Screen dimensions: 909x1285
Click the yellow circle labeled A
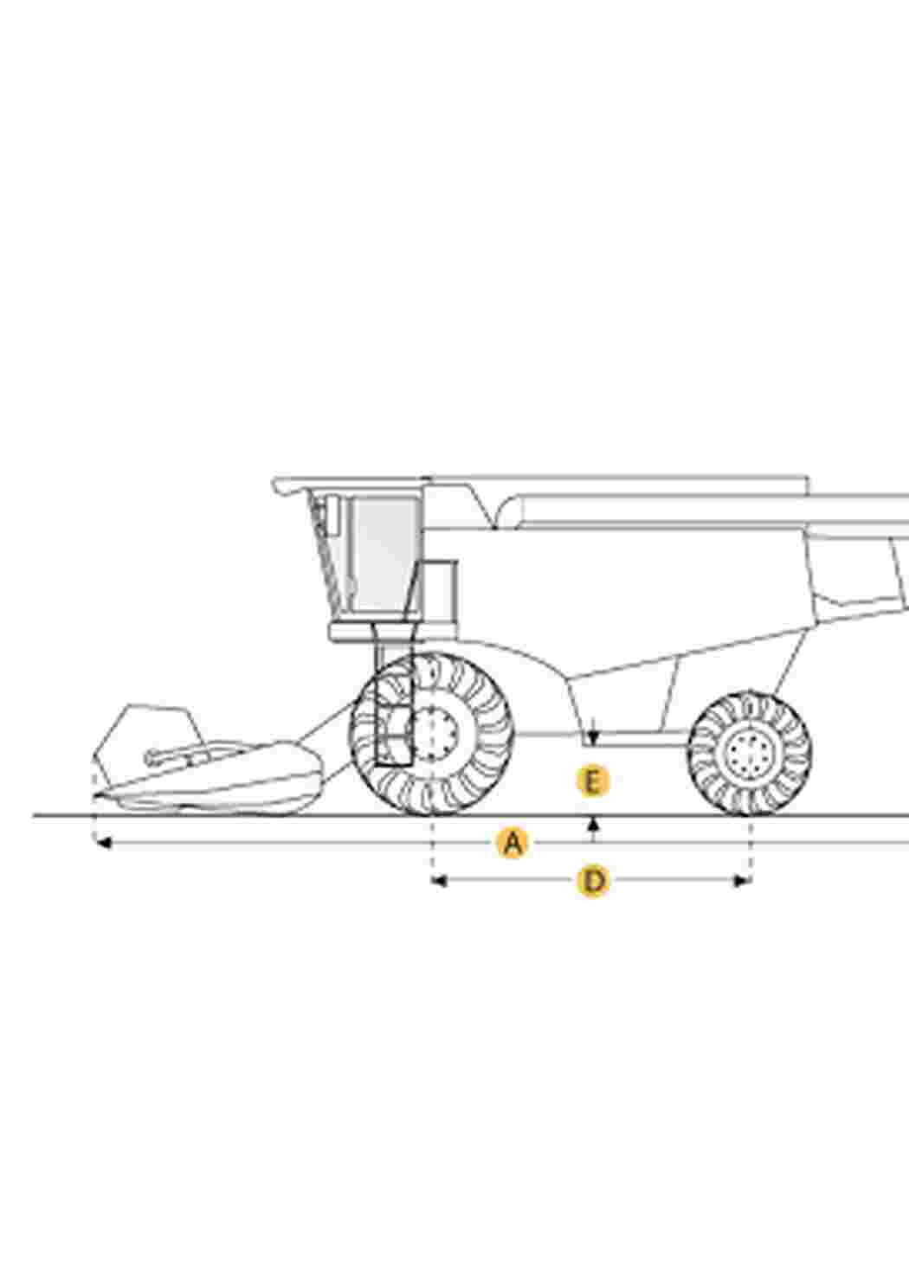tap(513, 843)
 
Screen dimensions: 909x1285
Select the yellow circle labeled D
tap(593, 881)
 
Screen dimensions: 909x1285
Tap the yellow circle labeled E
tap(593, 781)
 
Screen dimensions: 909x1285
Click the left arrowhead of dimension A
tap(102, 843)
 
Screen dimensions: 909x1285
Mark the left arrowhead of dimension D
tap(439, 881)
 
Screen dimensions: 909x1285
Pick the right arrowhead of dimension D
tap(744, 881)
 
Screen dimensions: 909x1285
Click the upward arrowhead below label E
tap(594, 824)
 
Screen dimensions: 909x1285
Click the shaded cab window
tap(384, 554)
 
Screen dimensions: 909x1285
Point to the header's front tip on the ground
tap(96, 796)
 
